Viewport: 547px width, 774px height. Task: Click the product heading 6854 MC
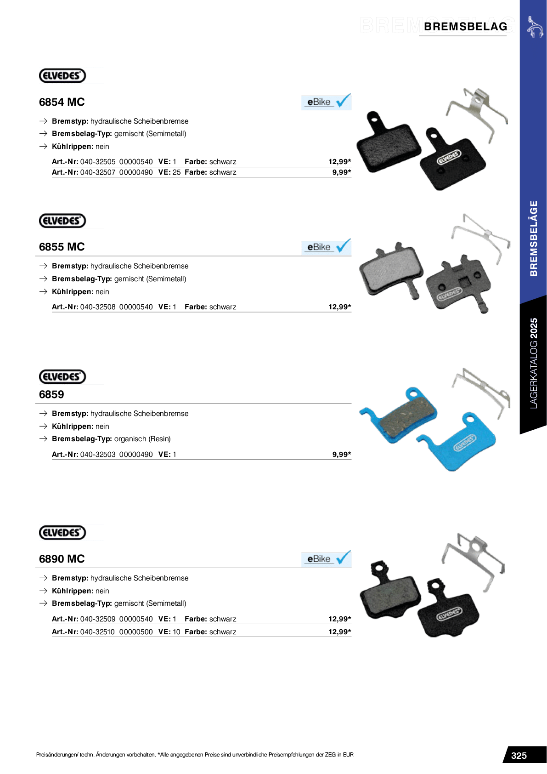(x=62, y=102)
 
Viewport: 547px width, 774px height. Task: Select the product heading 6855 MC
(x=62, y=247)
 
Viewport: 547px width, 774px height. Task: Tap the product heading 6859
(x=51, y=394)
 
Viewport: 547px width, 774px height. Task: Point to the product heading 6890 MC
(x=62, y=559)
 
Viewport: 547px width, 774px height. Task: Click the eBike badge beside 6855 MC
(x=326, y=247)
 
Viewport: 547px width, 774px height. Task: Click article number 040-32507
(x=97, y=172)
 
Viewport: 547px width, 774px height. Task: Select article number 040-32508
(x=97, y=307)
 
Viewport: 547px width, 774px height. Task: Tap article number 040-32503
(x=97, y=455)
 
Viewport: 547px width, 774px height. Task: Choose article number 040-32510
(x=97, y=632)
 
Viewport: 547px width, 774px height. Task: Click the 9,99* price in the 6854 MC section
(x=341, y=172)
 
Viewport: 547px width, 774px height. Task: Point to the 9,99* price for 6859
(x=341, y=455)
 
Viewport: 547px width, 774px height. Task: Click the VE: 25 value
(x=169, y=172)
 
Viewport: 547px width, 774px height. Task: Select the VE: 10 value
(x=169, y=632)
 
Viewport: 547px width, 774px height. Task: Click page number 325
(x=519, y=756)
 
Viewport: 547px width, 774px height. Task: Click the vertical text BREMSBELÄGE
(x=533, y=238)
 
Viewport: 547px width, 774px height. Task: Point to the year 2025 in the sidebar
(x=533, y=328)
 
